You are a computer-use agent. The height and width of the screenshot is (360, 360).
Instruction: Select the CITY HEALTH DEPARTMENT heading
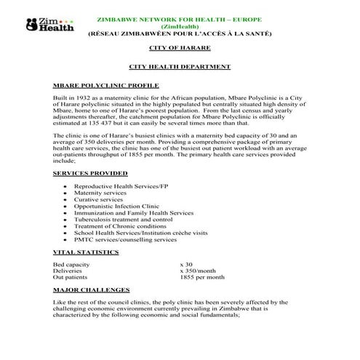pos(180,67)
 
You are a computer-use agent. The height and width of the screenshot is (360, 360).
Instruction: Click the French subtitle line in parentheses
pos(179,33)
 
